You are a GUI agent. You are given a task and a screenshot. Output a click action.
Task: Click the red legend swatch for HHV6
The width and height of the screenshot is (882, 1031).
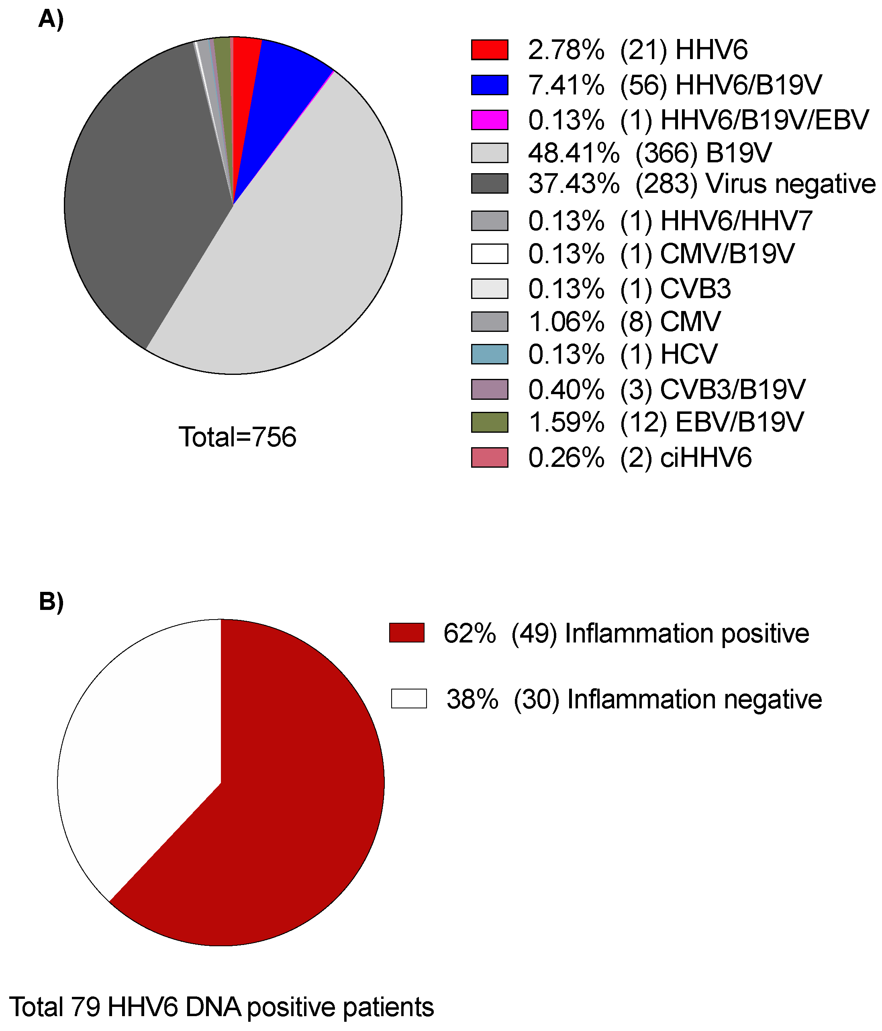490,50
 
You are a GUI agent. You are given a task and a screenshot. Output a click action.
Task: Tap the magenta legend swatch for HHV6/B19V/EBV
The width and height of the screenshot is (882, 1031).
490,120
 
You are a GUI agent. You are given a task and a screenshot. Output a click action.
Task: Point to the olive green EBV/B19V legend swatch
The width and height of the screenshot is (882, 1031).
490,422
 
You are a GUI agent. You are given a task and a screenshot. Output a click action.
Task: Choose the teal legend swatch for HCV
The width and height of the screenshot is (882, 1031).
490,354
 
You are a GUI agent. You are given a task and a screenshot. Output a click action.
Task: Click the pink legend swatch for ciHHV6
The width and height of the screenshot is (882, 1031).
490,457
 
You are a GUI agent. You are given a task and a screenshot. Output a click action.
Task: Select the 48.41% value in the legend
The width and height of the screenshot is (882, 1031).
574,153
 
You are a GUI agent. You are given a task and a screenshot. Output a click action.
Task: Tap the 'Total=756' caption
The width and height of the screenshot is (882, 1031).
237,437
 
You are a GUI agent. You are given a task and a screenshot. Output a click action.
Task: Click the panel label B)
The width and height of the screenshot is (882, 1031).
51,601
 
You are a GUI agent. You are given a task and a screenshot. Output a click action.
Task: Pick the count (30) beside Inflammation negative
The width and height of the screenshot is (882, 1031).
536,699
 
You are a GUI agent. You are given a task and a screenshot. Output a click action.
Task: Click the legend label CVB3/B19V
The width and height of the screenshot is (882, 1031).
732,389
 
